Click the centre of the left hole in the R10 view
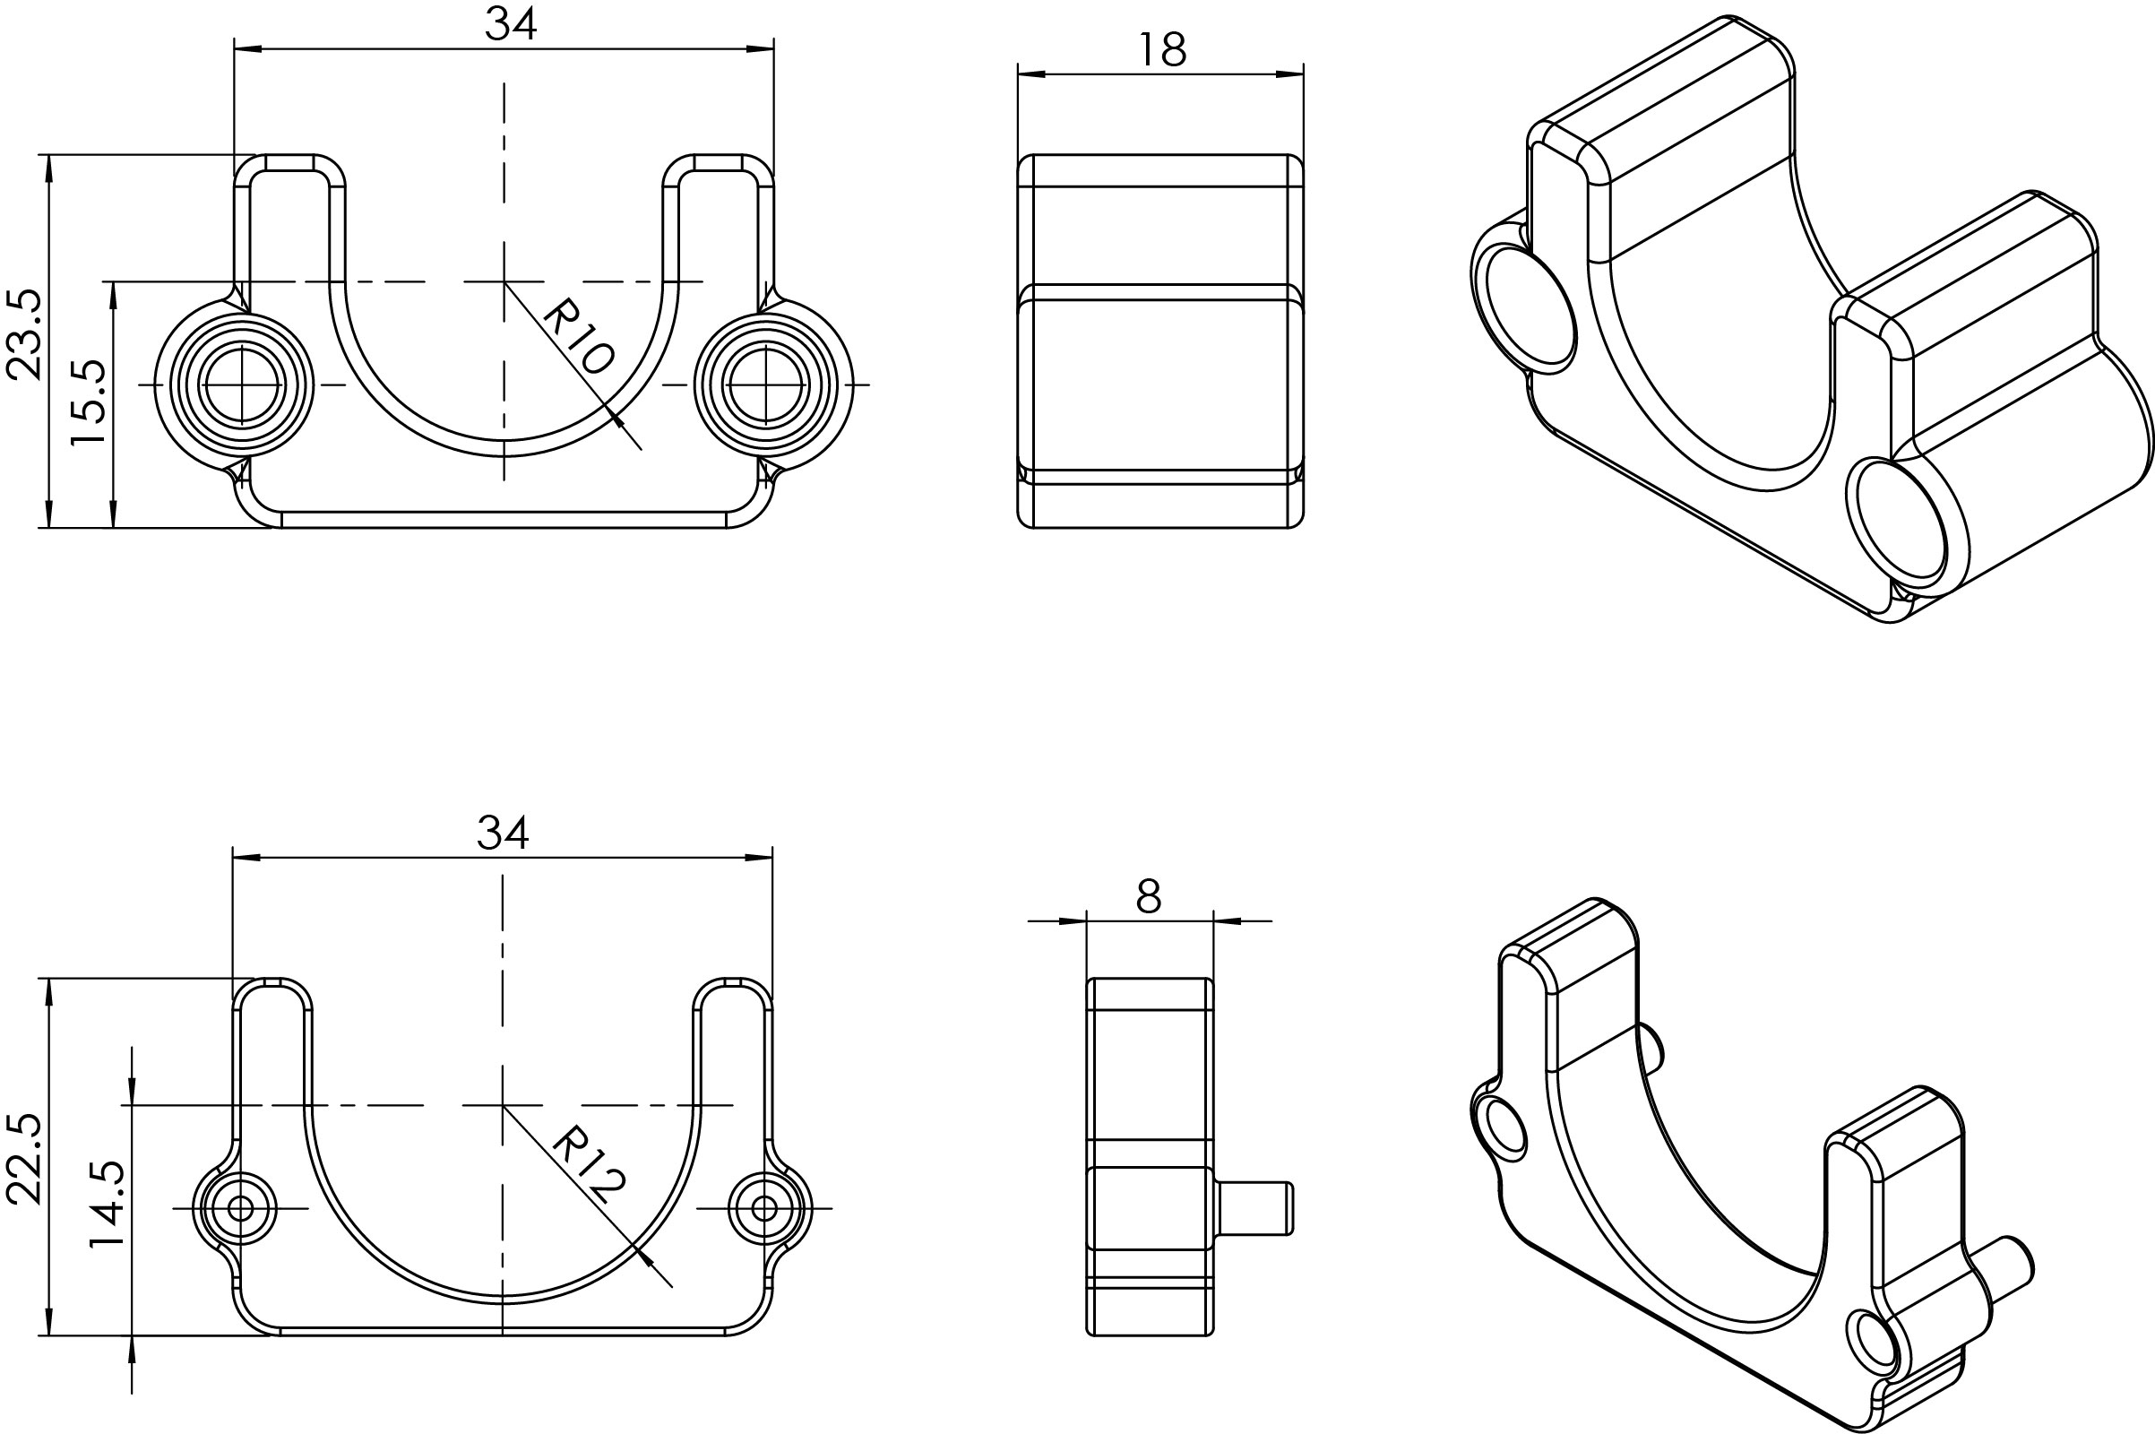tap(240, 385)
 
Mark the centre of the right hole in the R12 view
tap(764, 1208)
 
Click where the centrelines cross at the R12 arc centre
tap(502, 1106)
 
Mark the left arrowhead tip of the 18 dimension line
tap(1019, 75)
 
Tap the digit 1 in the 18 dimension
tap(1146, 49)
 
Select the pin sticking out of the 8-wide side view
tap(1254, 1208)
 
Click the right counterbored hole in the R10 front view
tap(764, 385)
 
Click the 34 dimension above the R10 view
tap(510, 25)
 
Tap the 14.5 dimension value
tap(107, 1205)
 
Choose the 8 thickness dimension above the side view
tap(1150, 897)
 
